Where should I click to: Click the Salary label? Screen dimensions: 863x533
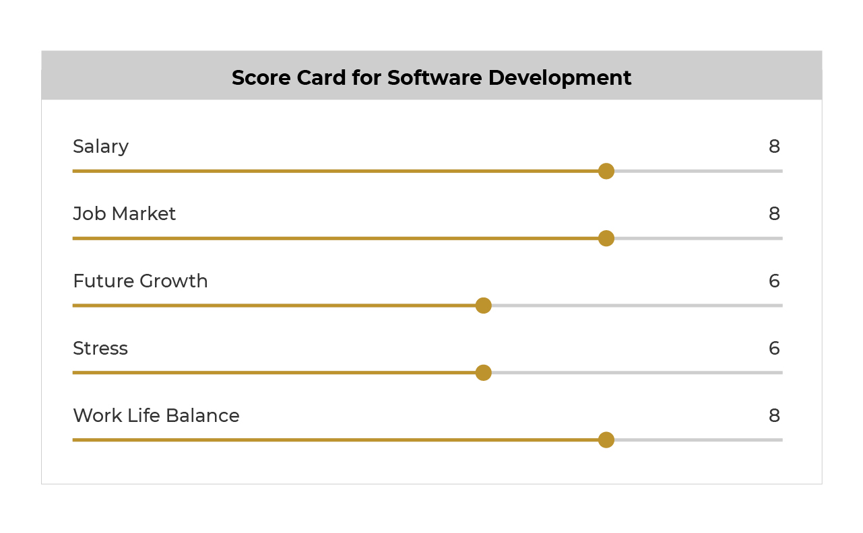100,147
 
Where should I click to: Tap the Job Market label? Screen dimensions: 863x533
124,213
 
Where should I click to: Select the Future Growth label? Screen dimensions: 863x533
140,281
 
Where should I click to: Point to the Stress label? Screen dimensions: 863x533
100,349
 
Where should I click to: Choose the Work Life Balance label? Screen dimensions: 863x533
156,416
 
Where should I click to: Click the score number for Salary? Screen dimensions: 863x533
774,146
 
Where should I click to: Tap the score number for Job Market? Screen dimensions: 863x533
774,213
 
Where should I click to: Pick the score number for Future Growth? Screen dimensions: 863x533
774,281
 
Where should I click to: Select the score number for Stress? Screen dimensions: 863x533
774,349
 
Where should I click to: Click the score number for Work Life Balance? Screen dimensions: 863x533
774,416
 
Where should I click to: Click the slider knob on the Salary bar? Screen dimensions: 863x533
606,171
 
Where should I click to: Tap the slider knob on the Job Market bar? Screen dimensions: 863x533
606,238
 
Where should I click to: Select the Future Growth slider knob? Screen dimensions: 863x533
483,306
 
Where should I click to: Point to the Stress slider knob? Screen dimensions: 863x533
483,373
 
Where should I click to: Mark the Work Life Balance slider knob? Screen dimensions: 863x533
606,440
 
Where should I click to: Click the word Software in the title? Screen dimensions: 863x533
435,78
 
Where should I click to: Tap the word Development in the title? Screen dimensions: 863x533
560,79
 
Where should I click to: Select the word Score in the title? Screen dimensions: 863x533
261,78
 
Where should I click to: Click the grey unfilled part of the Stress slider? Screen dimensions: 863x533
637,373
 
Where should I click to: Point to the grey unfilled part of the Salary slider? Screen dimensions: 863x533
699,171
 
